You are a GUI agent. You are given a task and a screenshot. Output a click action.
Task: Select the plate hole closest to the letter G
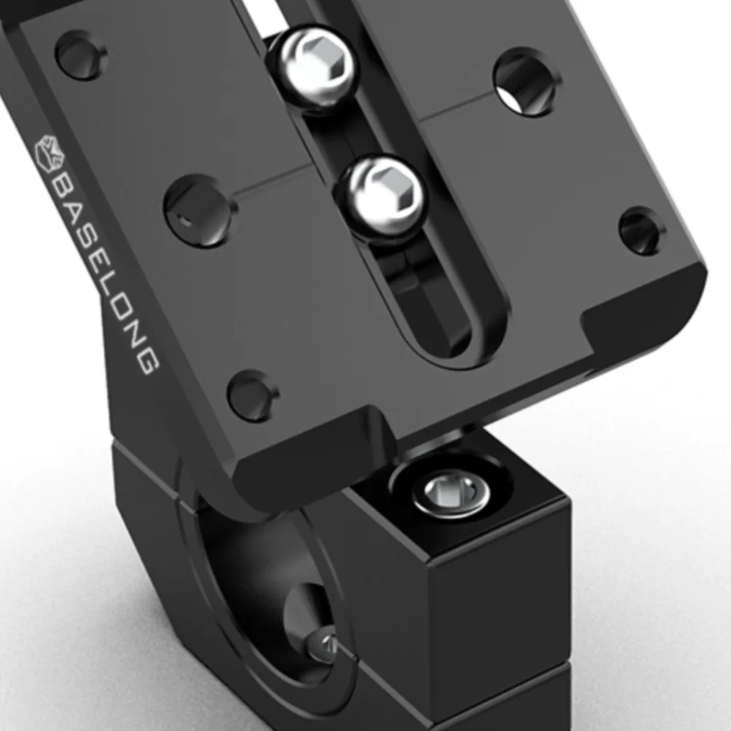(x=252, y=395)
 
